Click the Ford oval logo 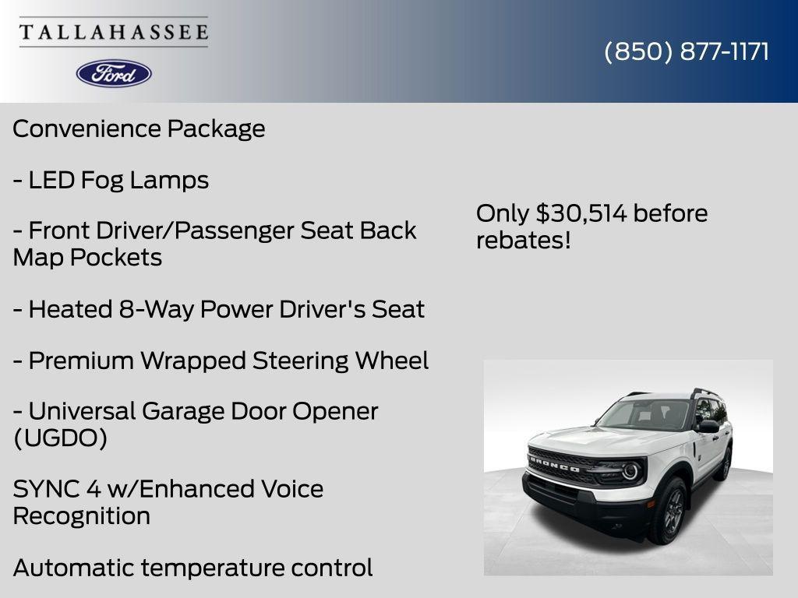coord(114,73)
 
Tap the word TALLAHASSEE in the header coord(114,33)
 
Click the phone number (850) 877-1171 coord(687,52)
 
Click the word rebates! coord(524,240)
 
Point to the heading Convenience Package coord(139,128)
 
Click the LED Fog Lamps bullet coord(111,180)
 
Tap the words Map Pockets coord(87,257)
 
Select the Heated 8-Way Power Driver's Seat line coord(218,309)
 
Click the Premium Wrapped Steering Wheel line coord(221,361)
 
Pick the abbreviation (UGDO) coord(60,438)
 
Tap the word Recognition coord(82,515)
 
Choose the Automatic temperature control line coord(192,568)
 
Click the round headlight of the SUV coord(630,470)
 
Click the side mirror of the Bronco coord(708,426)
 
